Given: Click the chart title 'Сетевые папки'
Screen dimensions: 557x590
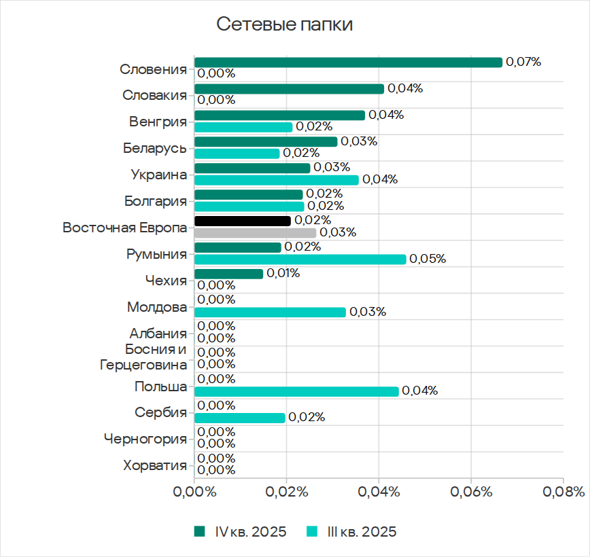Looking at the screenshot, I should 285,25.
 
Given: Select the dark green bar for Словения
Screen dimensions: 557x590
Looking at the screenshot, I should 348,62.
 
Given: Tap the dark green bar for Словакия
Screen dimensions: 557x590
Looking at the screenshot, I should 289,89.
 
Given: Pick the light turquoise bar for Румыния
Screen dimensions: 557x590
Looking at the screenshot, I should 300,259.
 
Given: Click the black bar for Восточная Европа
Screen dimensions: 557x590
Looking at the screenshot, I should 242,221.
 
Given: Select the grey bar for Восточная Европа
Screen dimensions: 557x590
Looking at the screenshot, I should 255,233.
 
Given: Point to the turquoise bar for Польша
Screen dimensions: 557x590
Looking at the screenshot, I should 296,391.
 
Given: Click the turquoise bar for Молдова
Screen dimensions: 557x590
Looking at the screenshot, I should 270,312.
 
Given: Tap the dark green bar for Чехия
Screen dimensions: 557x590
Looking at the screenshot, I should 228,274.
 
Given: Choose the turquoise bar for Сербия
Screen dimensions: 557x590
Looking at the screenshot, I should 239,418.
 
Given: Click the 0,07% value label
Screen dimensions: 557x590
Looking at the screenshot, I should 523,62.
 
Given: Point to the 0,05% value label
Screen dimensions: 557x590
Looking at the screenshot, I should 428,259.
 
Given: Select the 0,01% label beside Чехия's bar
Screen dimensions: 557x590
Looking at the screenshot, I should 283,274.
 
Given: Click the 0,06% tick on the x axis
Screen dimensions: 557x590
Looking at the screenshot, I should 471,492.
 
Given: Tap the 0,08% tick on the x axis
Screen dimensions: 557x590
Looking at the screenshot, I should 563,492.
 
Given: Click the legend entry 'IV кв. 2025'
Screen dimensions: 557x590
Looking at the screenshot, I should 241,531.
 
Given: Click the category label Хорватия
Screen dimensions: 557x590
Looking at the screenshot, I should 155,465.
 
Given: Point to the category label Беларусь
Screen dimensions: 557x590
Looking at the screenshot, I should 155,147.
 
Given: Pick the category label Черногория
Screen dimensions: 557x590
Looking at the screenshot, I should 145,439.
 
